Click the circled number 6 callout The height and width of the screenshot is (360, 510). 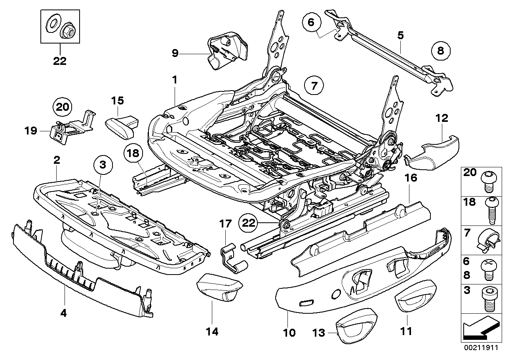[x=311, y=22]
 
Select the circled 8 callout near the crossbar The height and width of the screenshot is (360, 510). [x=441, y=50]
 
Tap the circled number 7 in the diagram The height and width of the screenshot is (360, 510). [x=314, y=86]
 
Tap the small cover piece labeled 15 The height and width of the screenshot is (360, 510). [x=122, y=126]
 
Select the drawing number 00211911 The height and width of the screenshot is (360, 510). [x=483, y=349]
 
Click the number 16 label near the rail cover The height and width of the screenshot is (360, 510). [x=411, y=178]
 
